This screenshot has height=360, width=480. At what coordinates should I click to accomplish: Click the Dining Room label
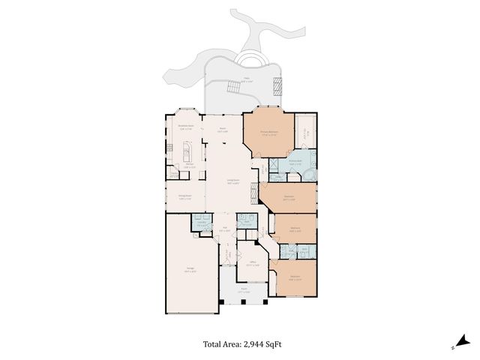pos(183,197)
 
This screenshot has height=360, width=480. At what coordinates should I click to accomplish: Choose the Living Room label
pos(233,180)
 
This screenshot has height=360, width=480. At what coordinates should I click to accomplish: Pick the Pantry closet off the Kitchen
pos(174,175)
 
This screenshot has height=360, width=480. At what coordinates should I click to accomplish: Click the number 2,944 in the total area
pos(257,344)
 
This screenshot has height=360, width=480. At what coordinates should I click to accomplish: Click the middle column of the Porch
pos(243,301)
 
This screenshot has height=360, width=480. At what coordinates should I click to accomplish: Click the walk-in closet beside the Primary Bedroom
pos(304,134)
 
